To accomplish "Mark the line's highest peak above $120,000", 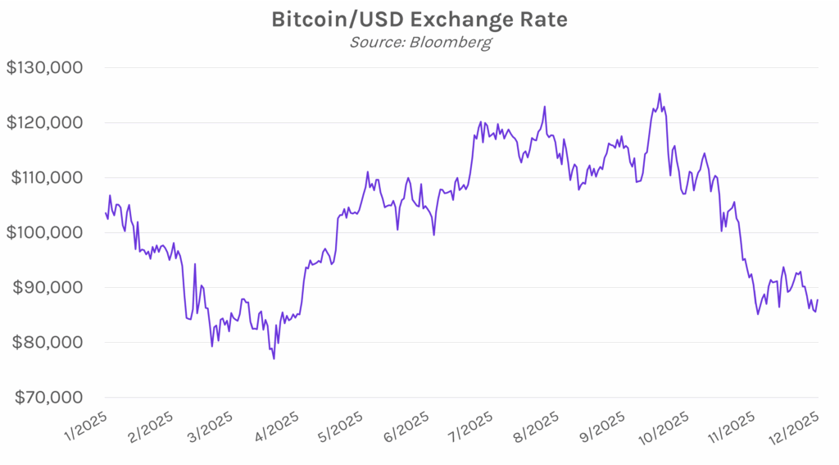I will [x=660, y=93].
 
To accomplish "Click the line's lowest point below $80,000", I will [x=274, y=358].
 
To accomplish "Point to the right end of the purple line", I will [x=818, y=300].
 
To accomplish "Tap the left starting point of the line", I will [x=105, y=213].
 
